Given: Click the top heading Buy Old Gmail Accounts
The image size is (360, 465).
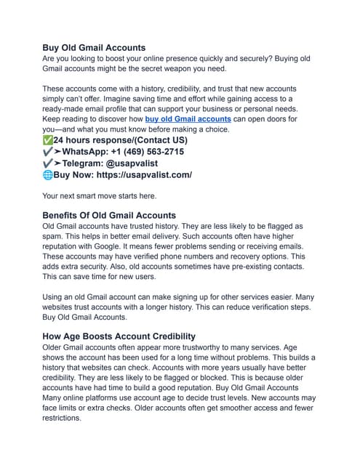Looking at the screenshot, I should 94,47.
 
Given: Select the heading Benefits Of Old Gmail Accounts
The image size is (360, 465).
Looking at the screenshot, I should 109,215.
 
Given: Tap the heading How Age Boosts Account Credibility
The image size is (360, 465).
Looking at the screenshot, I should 119,336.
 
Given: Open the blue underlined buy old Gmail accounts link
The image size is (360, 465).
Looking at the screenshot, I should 188,118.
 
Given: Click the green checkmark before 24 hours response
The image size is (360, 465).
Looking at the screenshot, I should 48,139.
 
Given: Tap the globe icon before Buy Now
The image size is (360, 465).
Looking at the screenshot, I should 48,175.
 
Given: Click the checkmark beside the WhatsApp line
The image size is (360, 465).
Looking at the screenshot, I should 48,152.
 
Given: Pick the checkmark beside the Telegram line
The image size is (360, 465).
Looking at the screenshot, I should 48,163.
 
